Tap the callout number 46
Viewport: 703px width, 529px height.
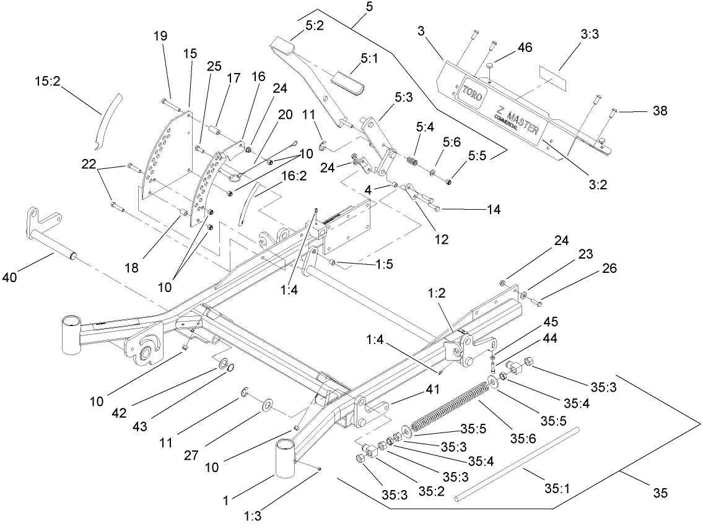point(525,48)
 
